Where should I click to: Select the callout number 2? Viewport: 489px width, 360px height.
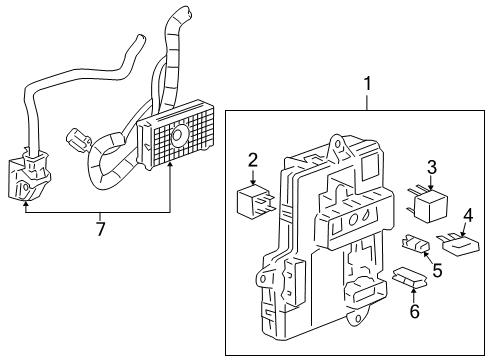tap(254, 158)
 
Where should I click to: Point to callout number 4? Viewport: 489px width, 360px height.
tap(467, 214)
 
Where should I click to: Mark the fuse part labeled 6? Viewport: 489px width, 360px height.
tap(406, 277)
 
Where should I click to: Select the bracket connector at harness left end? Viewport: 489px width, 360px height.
tap(29, 177)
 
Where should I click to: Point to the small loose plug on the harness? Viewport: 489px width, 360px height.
tap(74, 136)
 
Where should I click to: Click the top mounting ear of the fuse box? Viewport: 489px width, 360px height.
tap(339, 145)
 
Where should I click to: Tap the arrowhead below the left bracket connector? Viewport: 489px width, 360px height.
tap(25, 205)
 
